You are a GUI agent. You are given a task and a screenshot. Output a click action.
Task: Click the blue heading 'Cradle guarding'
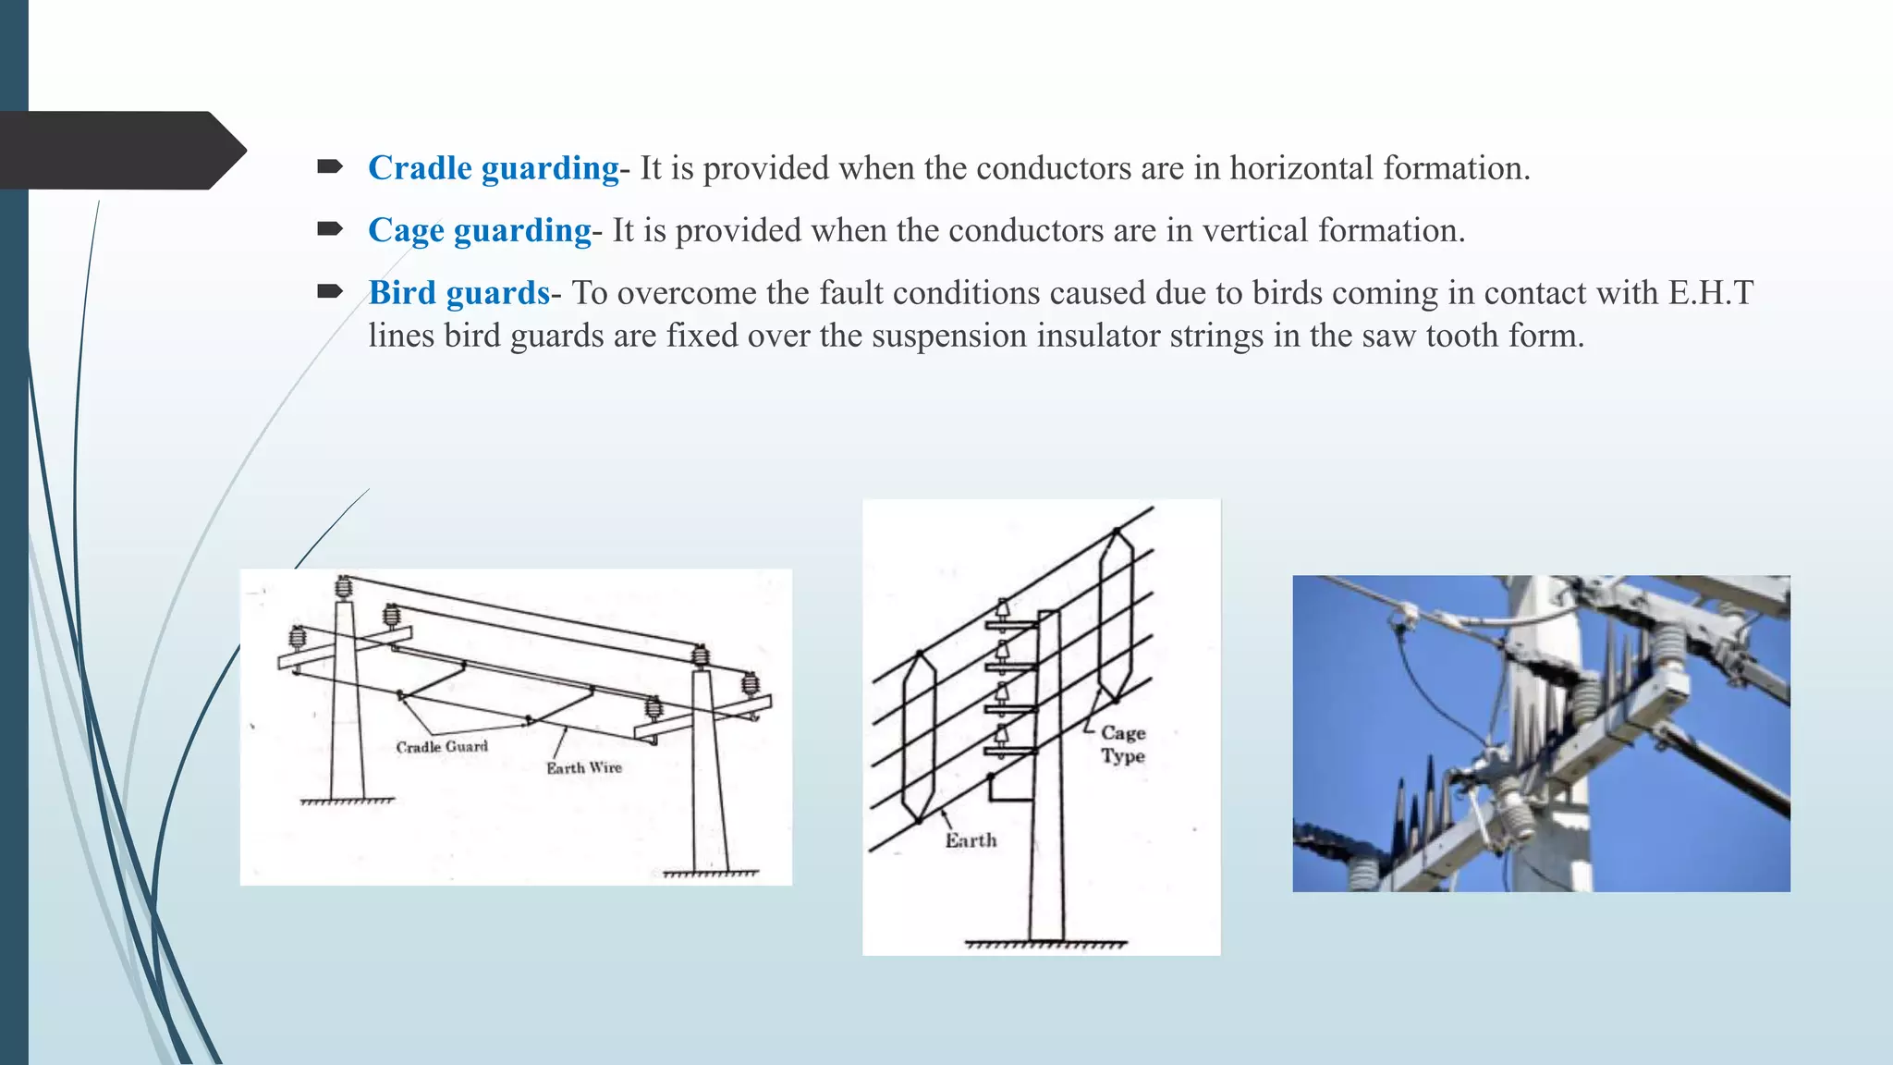pyautogui.click(x=493, y=168)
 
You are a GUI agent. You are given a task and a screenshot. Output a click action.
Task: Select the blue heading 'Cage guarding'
pyautogui.click(x=479, y=230)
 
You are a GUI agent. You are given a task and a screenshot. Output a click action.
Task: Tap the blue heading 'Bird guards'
pyautogui.click(x=458, y=293)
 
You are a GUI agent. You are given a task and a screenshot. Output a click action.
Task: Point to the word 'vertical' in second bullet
pyautogui.click(x=1254, y=230)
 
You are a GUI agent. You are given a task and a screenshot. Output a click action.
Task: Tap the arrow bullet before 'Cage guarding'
pyautogui.click(x=329, y=229)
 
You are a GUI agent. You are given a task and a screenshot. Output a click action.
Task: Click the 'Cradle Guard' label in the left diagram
pyautogui.click(x=442, y=747)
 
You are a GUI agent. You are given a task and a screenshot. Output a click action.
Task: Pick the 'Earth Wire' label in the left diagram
pyautogui.click(x=583, y=768)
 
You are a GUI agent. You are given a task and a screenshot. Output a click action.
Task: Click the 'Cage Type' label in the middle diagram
pyautogui.click(x=1123, y=744)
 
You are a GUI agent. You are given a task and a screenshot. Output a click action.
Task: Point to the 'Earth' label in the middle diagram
pyautogui.click(x=971, y=840)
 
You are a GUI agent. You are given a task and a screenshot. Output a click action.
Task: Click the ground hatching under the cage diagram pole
pyautogui.click(x=1045, y=945)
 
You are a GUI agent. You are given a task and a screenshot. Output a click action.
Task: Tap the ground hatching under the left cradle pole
pyautogui.click(x=347, y=802)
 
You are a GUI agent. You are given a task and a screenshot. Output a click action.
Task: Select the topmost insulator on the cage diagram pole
pyautogui.click(x=1002, y=610)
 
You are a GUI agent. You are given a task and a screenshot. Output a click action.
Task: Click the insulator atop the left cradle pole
pyautogui.click(x=344, y=586)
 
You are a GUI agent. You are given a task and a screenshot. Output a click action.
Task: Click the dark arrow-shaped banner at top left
pyautogui.click(x=120, y=151)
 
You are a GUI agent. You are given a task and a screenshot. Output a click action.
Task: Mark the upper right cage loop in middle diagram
pyautogui.click(x=1116, y=615)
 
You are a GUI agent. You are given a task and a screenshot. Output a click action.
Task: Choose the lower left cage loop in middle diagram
pyautogui.click(x=919, y=737)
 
